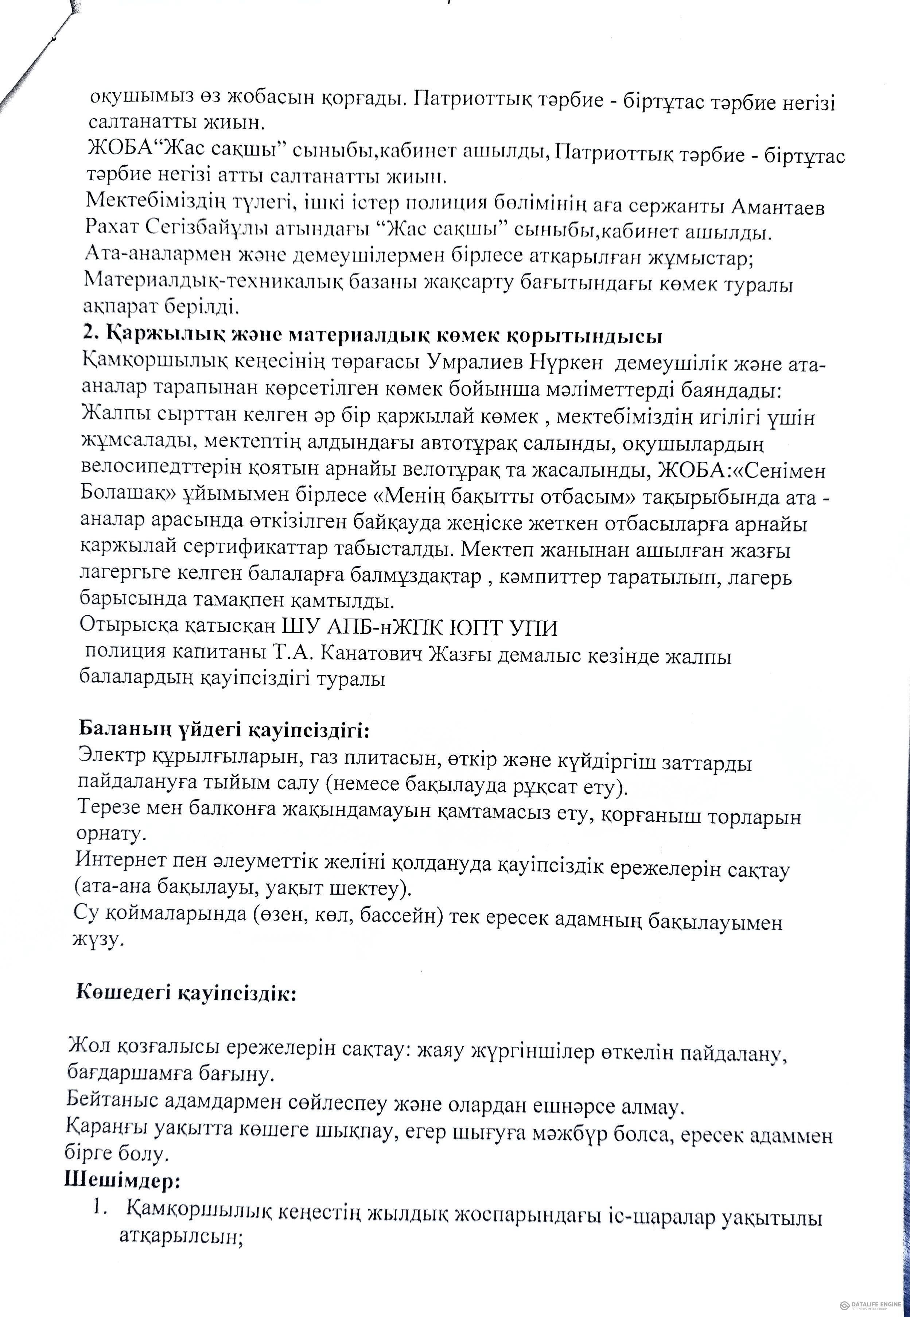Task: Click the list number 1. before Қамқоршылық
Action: pos(101,1206)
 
